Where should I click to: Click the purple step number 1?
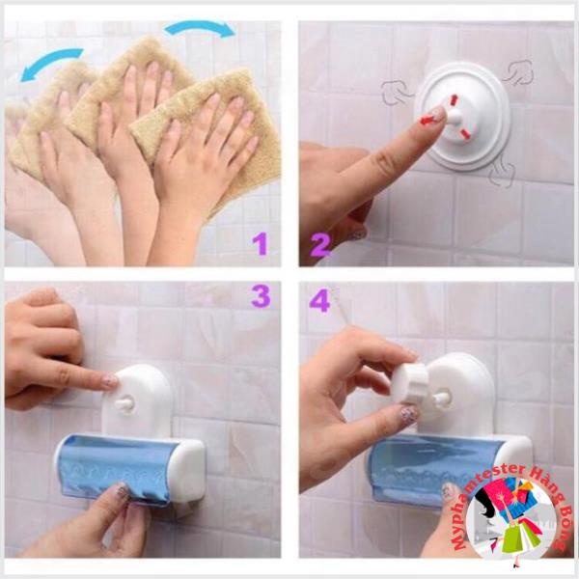[260, 242]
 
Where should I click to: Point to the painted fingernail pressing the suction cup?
[438, 114]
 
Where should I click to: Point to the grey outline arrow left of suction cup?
[397, 93]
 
